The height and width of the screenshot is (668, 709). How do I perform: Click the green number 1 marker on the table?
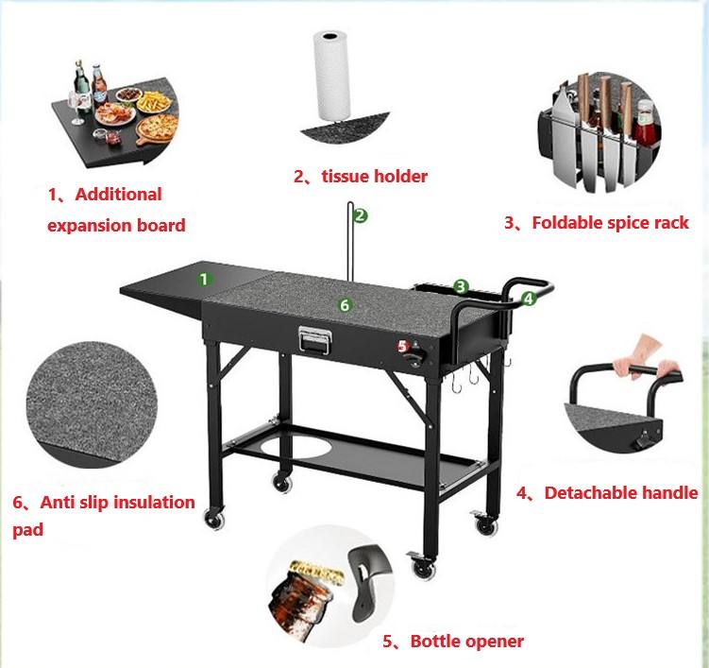pos(204,280)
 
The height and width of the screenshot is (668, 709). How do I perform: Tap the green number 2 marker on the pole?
pos(361,215)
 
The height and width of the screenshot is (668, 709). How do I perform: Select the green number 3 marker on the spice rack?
pos(461,287)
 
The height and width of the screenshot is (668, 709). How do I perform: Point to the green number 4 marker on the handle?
pos(529,299)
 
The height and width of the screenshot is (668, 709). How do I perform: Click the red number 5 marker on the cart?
pos(403,346)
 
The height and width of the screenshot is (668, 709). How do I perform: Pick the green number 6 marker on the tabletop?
pos(345,305)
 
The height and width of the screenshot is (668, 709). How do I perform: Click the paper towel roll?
pos(331,76)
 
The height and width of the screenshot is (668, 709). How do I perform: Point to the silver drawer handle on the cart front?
pos(315,339)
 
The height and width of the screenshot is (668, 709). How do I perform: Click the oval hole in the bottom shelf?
pos(295,445)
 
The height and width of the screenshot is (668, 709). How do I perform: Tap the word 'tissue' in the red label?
pos(346,176)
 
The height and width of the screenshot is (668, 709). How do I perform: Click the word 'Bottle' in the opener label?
pos(435,641)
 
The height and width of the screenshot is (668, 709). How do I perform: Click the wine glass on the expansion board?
pos(76,108)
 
